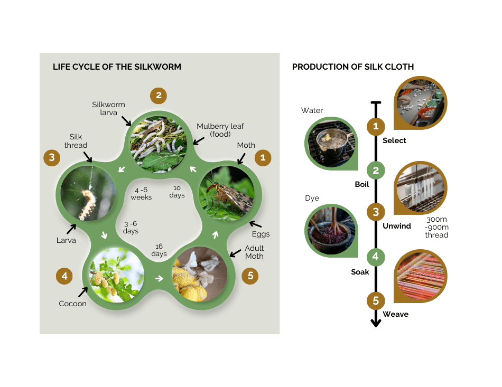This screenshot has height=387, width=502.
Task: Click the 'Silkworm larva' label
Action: pos(108,108)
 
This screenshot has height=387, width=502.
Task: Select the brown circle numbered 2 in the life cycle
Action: pos(158,96)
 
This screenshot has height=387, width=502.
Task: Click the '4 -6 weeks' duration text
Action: pos(142,193)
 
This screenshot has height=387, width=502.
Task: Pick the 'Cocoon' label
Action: pos(72,304)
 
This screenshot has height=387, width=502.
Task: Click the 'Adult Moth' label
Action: pos(254,252)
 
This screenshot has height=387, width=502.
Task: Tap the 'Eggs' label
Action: pos(261,234)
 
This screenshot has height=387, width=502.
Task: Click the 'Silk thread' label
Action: pos(77,141)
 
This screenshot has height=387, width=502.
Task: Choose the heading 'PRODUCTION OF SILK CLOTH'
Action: pos(352,67)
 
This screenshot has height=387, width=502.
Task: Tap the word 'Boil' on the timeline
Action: pos(362,185)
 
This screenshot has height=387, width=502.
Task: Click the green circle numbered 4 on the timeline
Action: pos(376,257)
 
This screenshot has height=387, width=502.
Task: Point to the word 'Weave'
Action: pos(395,314)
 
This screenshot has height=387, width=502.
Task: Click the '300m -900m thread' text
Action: pos(436,228)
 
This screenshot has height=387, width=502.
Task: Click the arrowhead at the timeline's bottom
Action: pos(376,322)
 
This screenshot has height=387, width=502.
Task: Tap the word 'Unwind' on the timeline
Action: pos(396,226)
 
